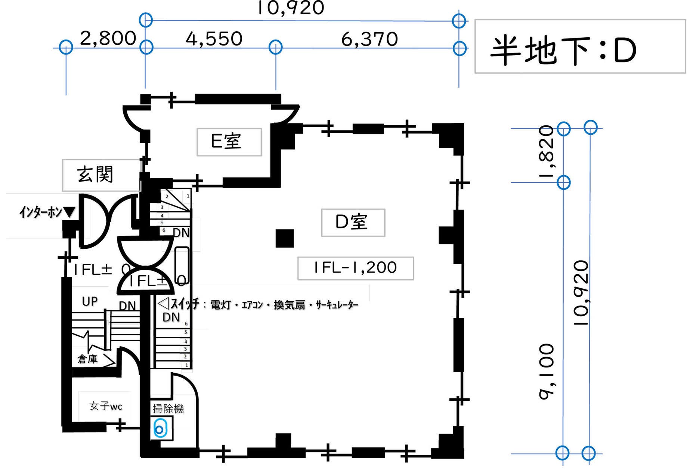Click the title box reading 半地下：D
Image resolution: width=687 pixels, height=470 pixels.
coord(580,47)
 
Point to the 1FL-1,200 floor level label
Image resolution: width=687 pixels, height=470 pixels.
coord(355,268)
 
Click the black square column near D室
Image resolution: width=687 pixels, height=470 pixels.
coord(285,238)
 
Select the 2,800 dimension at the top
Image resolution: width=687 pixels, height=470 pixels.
coord(108,38)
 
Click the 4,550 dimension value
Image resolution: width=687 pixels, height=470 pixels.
coord(214,39)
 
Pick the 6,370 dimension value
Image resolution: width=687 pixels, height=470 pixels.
coord(369,39)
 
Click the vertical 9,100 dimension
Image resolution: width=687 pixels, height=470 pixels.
coord(547,372)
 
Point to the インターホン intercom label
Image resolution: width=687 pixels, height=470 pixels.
coord(40,212)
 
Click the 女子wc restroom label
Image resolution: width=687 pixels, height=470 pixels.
coord(105,406)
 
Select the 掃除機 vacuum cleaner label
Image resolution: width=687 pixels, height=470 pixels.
coord(168,409)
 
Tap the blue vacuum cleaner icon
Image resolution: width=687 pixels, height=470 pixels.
coord(160,429)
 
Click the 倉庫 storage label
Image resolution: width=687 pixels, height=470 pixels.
coord(87,359)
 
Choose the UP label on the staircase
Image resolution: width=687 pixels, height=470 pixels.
coord(90,301)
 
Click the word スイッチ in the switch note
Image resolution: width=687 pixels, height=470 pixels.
coord(185,305)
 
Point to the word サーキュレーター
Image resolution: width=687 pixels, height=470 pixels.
coord(337,305)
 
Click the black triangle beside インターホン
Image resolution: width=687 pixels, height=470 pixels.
coord(69,213)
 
